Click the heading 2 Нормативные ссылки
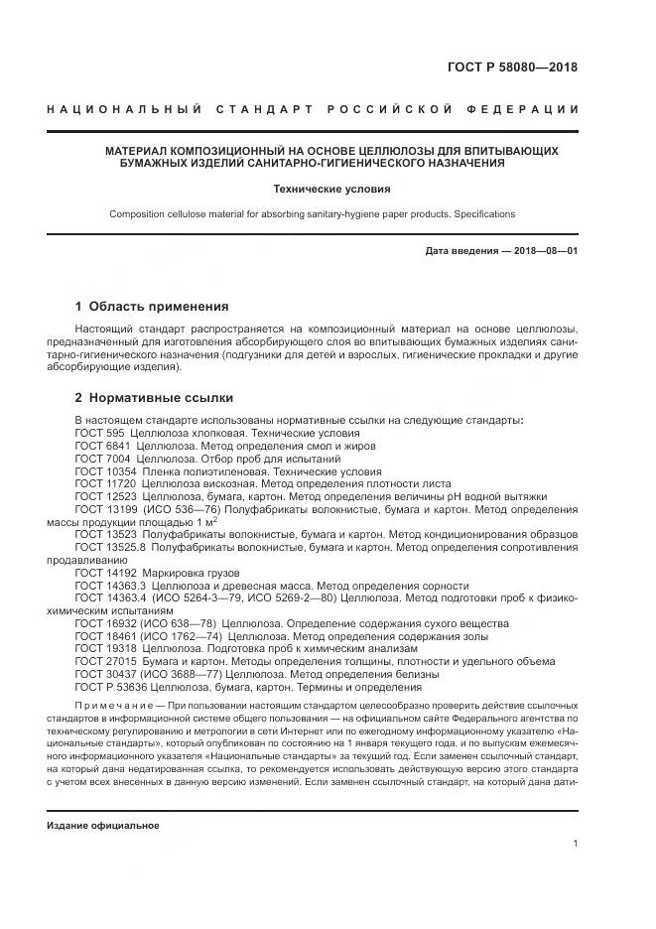point(154,398)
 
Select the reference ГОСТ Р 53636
point(109,687)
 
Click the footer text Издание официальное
point(103,826)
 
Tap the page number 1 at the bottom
point(576,844)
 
